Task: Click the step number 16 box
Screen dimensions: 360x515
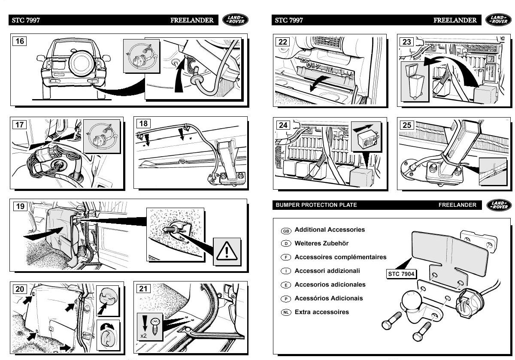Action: (x=20, y=42)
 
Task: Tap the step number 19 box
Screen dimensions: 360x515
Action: (x=20, y=206)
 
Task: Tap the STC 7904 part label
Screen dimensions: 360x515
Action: (x=399, y=273)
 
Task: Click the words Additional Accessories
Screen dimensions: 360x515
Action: (x=330, y=230)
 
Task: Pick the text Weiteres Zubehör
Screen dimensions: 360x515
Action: (x=321, y=243)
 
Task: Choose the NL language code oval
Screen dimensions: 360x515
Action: (x=286, y=312)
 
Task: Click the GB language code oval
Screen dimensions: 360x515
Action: (x=286, y=230)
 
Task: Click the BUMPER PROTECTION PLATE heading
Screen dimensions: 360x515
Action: (x=316, y=205)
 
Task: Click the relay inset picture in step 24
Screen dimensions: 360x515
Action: (x=366, y=136)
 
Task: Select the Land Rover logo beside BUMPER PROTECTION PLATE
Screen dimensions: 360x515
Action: (x=499, y=205)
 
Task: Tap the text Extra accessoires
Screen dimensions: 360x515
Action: (x=322, y=312)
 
